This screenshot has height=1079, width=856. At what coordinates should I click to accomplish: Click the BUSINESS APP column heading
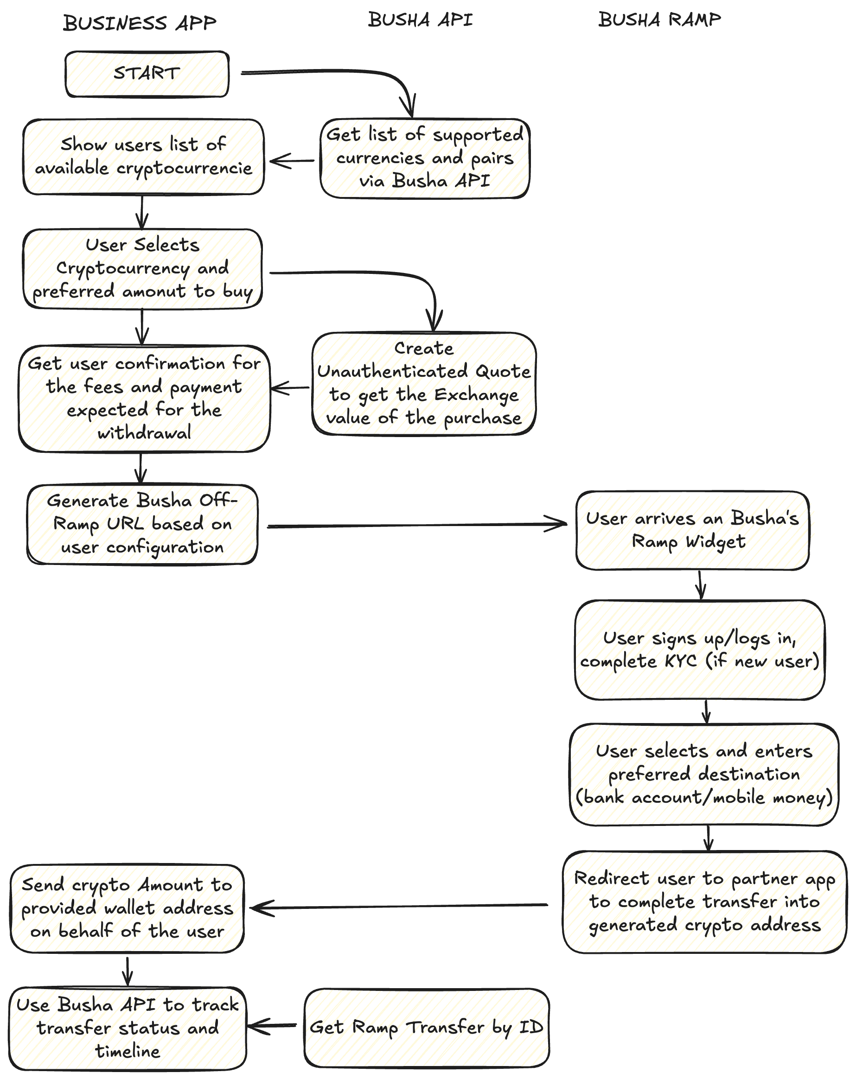140,23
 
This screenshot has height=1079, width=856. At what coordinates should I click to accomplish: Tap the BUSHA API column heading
420,20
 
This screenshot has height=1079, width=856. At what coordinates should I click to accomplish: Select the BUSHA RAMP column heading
659,20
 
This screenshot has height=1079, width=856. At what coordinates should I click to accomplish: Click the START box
147,74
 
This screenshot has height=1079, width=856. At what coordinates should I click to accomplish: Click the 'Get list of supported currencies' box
424,158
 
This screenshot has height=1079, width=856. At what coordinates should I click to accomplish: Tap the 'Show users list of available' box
143,157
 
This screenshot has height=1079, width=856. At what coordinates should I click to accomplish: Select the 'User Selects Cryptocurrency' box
143,269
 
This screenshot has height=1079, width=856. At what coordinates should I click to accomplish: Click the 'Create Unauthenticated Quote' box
424,383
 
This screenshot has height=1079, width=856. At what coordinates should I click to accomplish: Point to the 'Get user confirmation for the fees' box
144,399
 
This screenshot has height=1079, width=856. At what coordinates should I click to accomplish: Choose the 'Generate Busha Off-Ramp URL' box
143,524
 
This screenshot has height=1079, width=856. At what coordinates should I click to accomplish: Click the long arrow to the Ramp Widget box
415,526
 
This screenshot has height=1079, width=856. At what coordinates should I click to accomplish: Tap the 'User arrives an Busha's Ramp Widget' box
692,530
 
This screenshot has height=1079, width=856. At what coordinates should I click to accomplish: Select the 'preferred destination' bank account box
703,774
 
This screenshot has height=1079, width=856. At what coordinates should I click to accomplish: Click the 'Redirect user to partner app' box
704,902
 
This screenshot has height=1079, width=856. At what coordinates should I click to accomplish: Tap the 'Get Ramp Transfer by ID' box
427,1028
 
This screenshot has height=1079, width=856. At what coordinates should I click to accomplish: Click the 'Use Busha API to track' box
128,1028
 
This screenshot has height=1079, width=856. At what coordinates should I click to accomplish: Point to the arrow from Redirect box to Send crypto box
401,906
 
